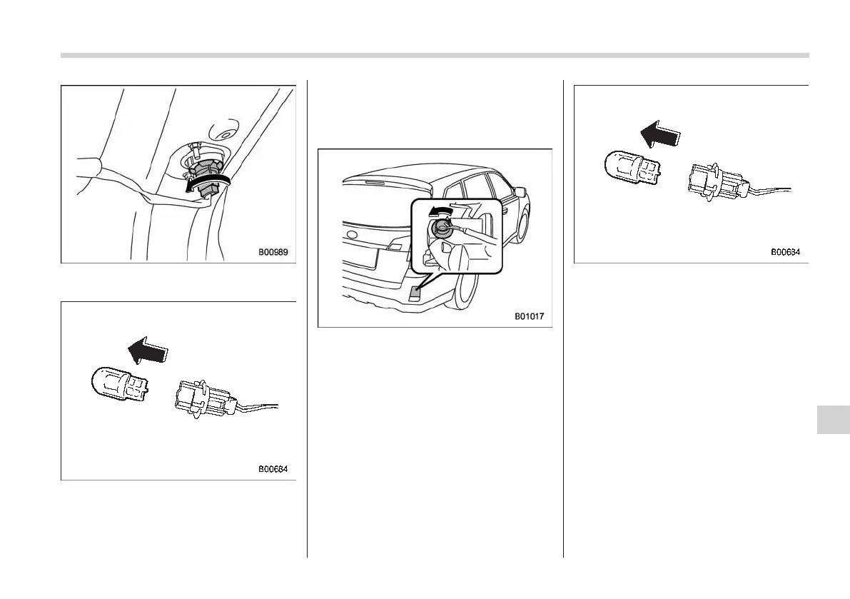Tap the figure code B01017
(x=529, y=315)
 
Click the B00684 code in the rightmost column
(x=785, y=251)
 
